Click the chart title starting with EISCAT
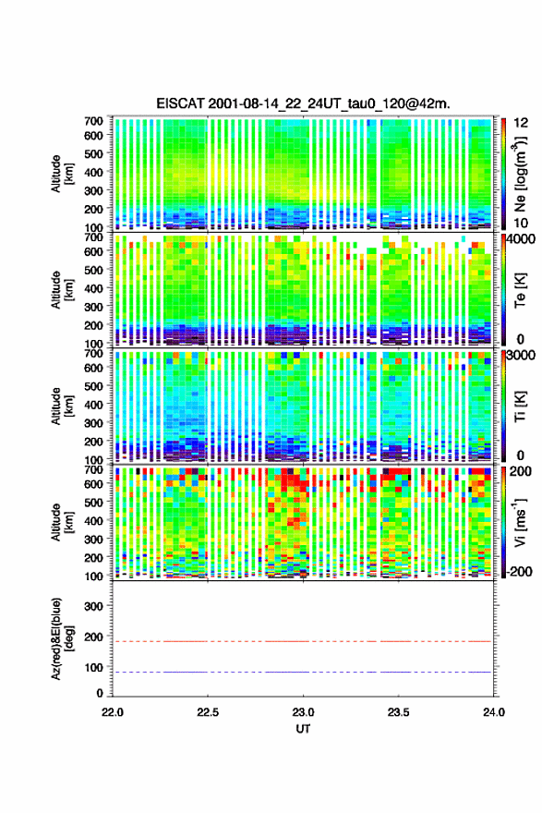303,103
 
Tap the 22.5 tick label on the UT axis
208,712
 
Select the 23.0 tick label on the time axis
303,712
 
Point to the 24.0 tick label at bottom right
494,712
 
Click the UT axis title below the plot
303,729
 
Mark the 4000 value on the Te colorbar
522,239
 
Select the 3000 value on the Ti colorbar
522,356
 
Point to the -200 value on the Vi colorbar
518,571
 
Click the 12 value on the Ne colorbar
521,123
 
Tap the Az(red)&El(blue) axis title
61,638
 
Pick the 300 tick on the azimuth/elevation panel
94,607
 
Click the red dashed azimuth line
302,641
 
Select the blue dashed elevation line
302,672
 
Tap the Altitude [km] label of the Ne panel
62,174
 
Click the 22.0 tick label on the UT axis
113,712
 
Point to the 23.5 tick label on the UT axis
399,712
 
